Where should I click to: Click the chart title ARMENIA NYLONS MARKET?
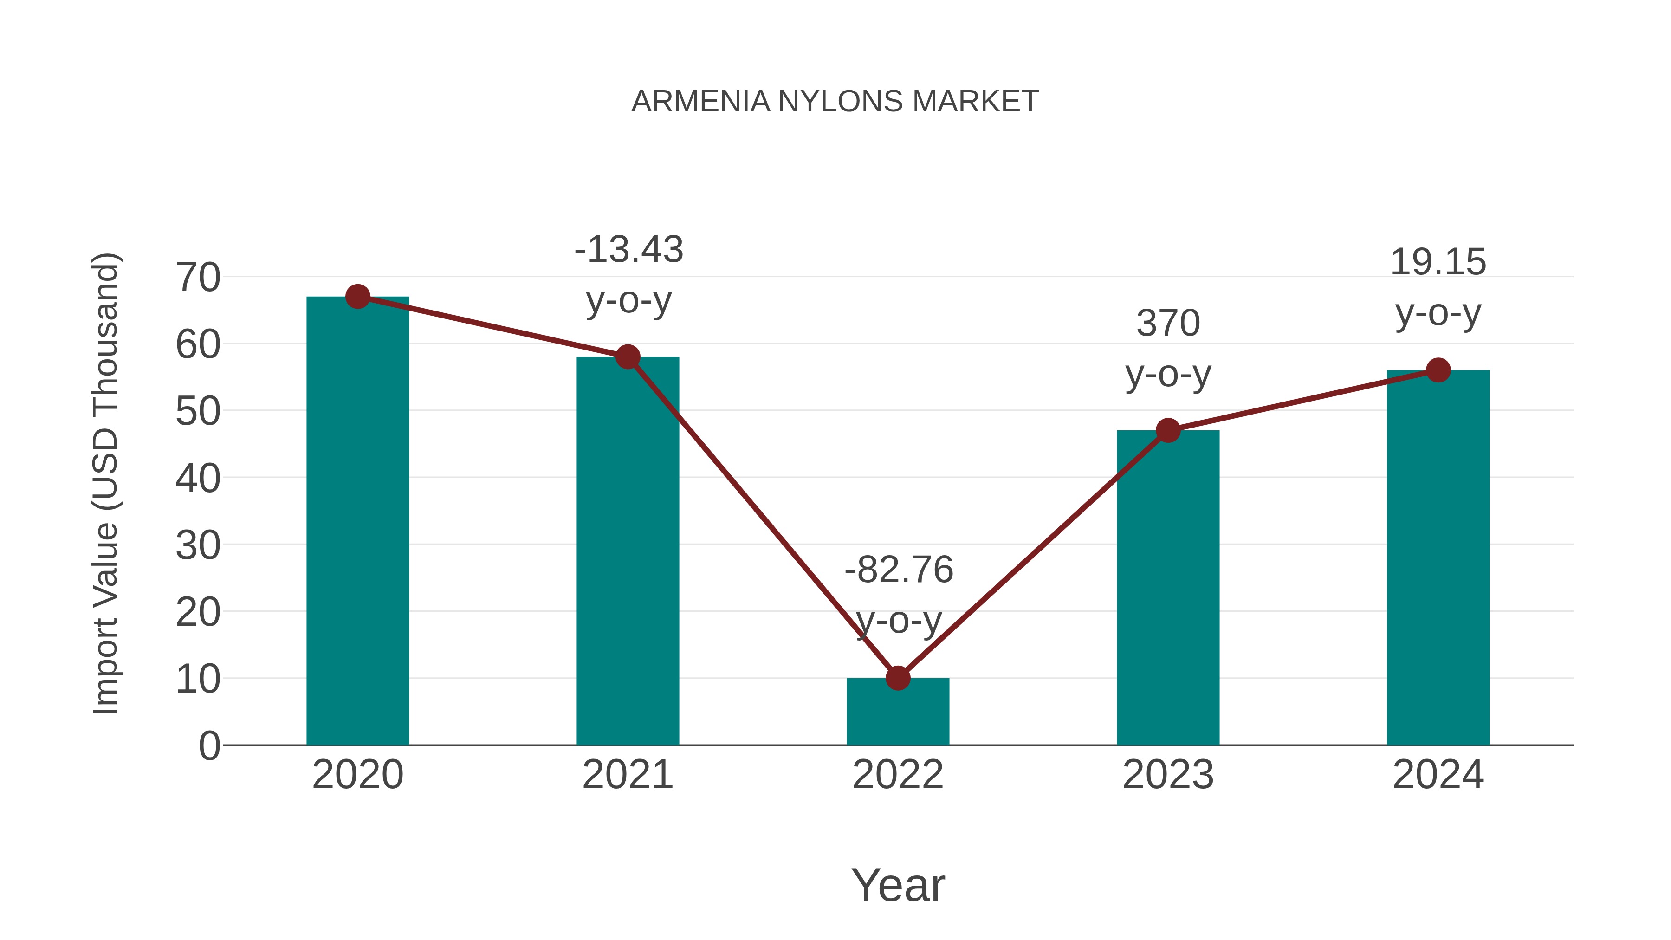[x=835, y=102]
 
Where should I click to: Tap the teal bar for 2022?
[x=898, y=713]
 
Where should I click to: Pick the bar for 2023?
[x=1168, y=590]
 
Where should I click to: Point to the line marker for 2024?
[x=1438, y=370]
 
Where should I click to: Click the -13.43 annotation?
[x=628, y=250]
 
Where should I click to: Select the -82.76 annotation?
[x=899, y=570]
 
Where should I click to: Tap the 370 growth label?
[x=1168, y=323]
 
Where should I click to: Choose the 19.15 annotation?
[x=1438, y=262]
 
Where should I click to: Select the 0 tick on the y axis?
[x=209, y=746]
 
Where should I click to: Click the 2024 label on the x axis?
[x=1438, y=775]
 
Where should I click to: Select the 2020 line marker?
[x=357, y=297]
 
